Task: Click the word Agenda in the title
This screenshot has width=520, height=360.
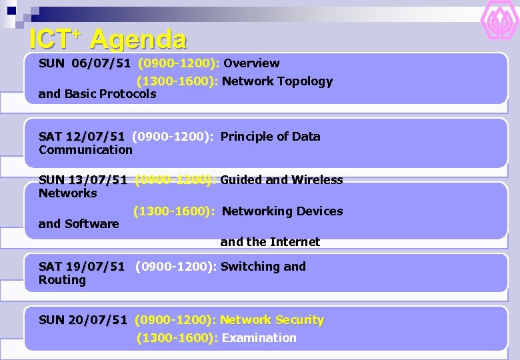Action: click(138, 39)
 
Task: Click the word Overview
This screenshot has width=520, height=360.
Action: click(251, 63)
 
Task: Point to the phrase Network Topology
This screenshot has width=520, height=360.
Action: click(277, 81)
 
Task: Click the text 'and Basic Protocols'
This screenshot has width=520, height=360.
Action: click(97, 94)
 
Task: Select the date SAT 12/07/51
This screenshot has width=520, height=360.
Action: click(81, 137)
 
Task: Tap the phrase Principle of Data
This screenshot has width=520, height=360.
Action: click(270, 137)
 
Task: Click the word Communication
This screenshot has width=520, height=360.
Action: click(85, 150)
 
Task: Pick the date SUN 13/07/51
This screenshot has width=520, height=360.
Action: click(83, 180)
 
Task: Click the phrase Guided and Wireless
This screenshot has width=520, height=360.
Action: click(281, 180)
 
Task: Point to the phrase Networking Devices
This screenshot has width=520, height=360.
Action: click(282, 211)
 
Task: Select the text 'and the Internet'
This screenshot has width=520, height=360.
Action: click(270, 242)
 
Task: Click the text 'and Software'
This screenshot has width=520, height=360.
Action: click(79, 224)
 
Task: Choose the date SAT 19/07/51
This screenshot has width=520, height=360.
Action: click(81, 267)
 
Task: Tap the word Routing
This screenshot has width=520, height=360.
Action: click(62, 280)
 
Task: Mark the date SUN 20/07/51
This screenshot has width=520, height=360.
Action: click(83, 320)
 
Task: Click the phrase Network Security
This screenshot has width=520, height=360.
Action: click(271, 320)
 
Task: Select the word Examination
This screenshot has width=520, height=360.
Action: click(259, 338)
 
